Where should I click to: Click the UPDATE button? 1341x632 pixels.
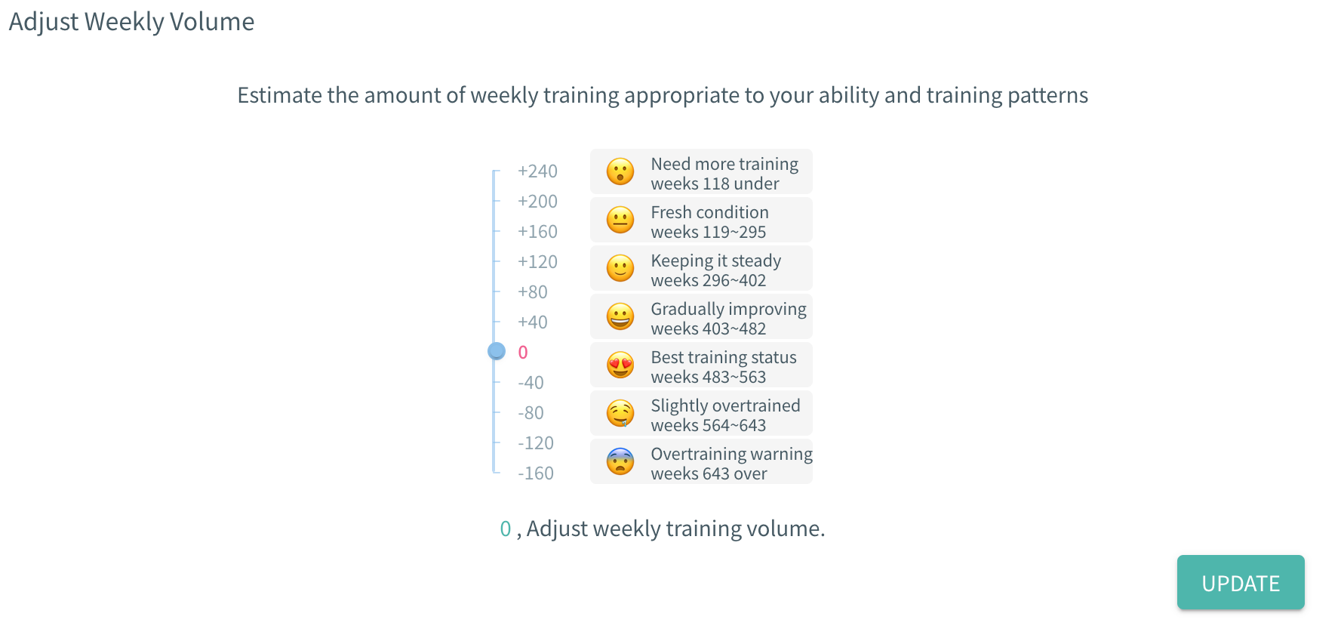point(1241,582)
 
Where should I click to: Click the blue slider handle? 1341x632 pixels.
point(497,351)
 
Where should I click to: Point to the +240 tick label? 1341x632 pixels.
point(537,171)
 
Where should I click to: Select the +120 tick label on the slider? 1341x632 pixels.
point(537,262)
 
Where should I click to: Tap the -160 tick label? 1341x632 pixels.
point(536,473)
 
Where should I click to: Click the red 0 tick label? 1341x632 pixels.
point(523,353)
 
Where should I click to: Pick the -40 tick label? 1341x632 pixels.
point(531,383)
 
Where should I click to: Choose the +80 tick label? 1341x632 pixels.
point(533,292)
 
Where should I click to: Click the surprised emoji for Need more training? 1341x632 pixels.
point(620,171)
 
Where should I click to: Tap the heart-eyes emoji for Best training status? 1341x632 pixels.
point(620,365)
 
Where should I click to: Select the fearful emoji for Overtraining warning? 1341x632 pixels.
point(620,461)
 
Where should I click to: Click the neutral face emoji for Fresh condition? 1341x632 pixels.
point(620,220)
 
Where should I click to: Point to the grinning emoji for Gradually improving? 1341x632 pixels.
point(620,316)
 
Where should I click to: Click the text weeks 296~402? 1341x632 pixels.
point(709,280)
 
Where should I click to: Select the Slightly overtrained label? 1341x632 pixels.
point(725,405)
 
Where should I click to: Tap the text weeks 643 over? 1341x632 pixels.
point(709,473)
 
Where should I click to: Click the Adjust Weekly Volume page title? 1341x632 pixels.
point(131,22)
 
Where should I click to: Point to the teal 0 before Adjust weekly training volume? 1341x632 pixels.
point(506,529)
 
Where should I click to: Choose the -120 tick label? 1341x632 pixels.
point(536,443)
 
